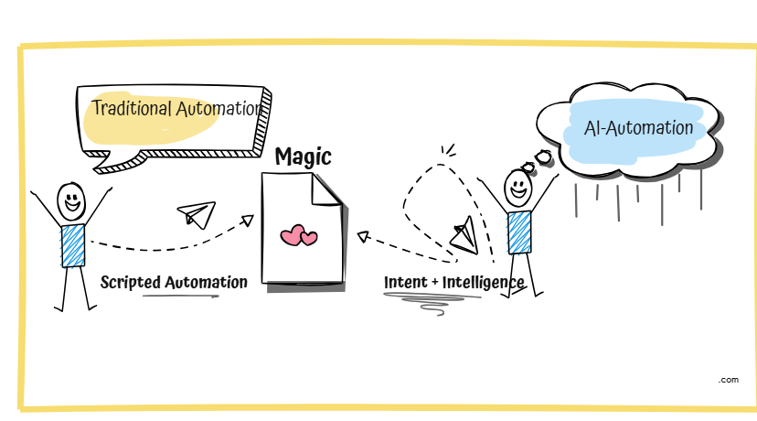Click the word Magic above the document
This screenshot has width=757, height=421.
coord(303,157)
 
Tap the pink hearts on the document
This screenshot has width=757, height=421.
coord(299,236)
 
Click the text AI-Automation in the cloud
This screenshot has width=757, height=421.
coord(639,128)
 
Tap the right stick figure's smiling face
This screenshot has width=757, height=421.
coord(518,189)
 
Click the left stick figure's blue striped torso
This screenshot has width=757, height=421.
coord(73,244)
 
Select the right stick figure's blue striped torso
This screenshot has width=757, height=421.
coord(519,232)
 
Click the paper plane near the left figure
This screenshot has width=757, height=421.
coord(196,214)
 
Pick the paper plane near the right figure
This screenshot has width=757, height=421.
coord(465,234)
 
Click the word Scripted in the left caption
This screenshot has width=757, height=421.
coord(131,282)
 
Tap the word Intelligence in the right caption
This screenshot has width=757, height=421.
coord(483,283)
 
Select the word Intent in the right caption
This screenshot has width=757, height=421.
coord(405,283)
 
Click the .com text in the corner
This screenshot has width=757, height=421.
coord(728,379)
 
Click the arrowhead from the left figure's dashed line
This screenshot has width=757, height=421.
coord(247,220)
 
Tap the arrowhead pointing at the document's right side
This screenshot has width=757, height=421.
coord(363,236)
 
